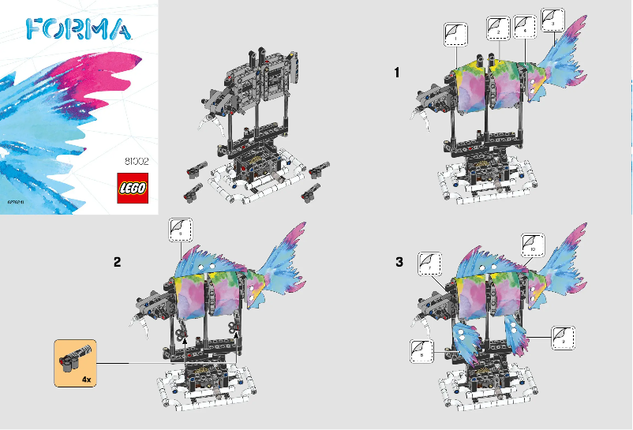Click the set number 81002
click(x=137, y=163)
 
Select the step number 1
click(x=399, y=73)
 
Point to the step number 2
click(x=117, y=264)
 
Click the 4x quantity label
click(x=86, y=379)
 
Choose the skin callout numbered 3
click(x=525, y=26)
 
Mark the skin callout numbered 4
click(x=552, y=18)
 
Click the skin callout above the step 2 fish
click(x=182, y=230)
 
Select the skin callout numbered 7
click(x=429, y=264)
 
